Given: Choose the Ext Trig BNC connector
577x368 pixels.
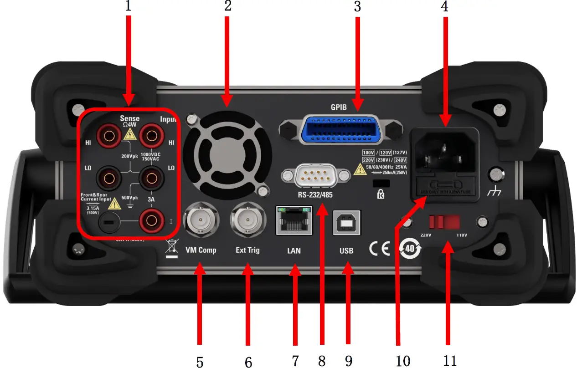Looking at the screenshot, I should coord(247,221).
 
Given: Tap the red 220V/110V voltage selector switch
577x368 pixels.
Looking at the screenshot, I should coord(444,222).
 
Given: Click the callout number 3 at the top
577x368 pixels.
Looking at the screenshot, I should coord(357,7).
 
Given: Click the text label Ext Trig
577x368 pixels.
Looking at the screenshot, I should coord(247,250).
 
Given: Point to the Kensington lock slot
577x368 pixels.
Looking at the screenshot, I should coord(382,183).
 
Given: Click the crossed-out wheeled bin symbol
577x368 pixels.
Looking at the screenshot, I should coord(172,248).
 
